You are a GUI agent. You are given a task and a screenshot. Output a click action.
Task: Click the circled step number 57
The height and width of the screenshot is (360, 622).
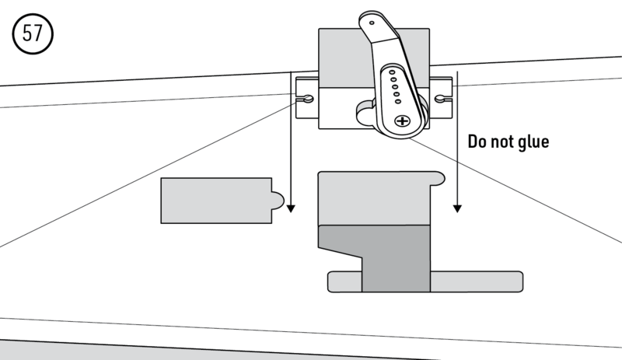click(32, 37)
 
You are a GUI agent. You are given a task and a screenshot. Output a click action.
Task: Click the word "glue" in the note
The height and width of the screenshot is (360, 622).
click(532, 142)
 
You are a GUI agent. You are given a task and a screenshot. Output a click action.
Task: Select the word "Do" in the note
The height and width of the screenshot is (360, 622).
click(477, 142)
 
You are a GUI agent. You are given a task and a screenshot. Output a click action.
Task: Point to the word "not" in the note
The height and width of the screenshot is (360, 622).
click(501, 142)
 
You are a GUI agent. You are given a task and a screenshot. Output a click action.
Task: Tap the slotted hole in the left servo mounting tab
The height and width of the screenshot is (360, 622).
click(306, 99)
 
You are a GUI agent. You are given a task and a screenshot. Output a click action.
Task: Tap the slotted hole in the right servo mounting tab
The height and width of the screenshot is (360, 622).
click(442, 99)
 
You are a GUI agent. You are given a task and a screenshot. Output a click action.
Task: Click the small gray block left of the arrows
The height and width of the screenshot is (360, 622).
click(214, 201)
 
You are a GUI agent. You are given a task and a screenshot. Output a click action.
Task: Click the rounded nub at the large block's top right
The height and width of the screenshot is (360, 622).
click(438, 180)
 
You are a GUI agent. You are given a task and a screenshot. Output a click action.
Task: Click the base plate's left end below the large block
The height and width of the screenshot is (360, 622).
click(344, 281)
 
